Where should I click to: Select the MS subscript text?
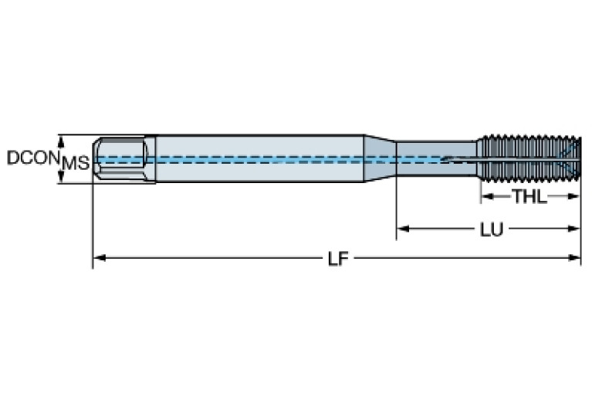pyautogui.click(x=76, y=163)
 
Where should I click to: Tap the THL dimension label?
pyautogui.click(x=529, y=197)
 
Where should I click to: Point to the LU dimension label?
pyautogui.click(x=488, y=229)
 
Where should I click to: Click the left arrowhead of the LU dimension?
pyautogui.click(x=402, y=229)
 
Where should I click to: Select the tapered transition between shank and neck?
pyautogui.click(x=379, y=159)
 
